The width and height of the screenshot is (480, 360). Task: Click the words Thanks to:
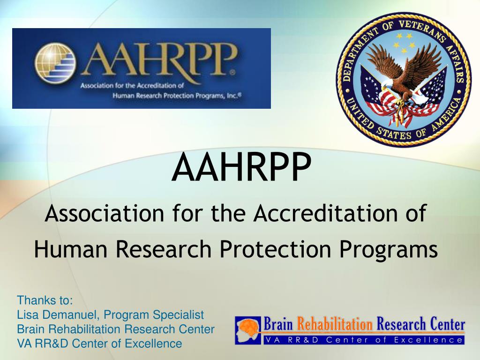coord(45,300)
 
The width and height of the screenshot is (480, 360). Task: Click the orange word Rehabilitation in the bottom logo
coord(335,324)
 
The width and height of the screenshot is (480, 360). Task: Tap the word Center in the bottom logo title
coord(444,324)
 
